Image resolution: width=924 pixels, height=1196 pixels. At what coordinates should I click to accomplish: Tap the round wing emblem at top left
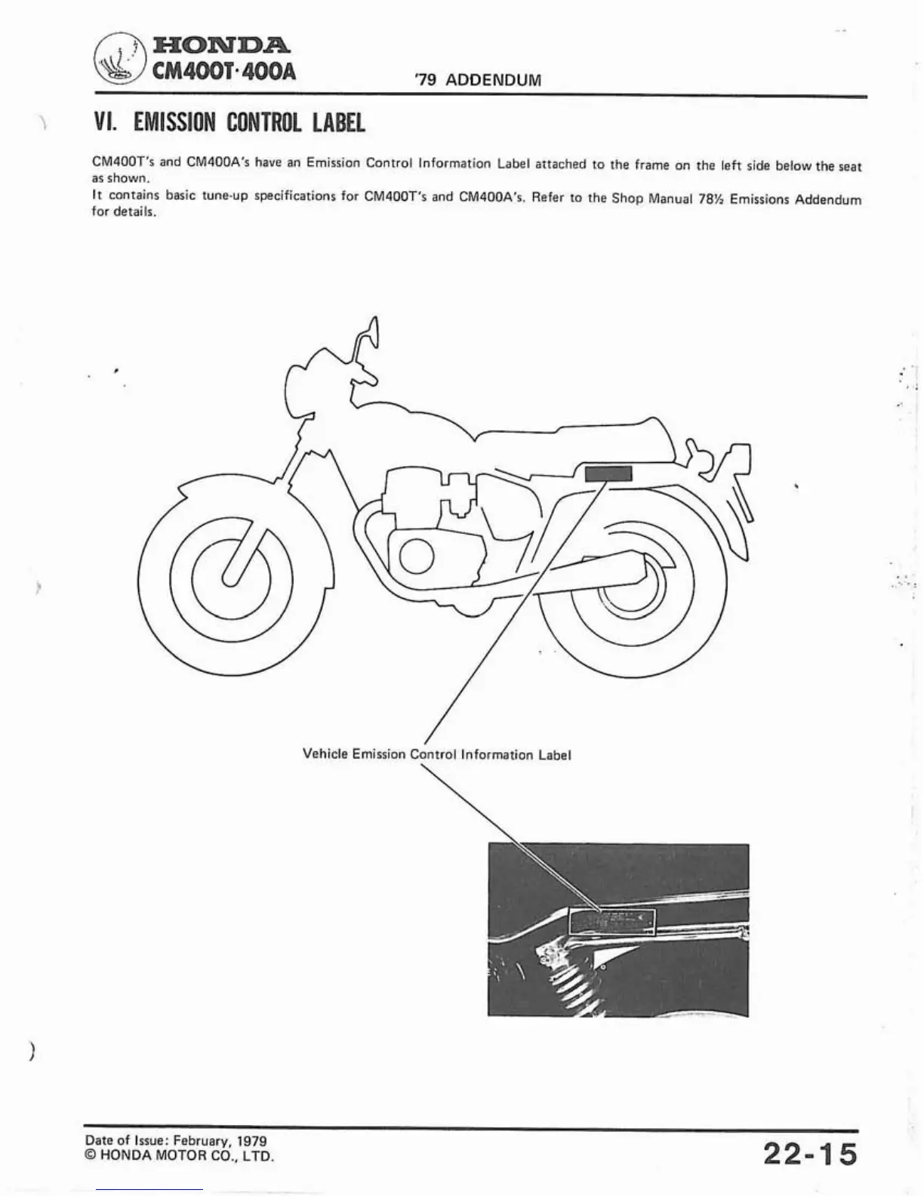click(x=119, y=60)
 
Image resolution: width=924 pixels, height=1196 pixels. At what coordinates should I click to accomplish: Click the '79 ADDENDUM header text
click(x=478, y=80)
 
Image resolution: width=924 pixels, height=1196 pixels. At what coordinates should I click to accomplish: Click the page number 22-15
click(x=810, y=1154)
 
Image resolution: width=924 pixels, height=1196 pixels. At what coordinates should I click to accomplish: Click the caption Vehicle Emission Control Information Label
click(x=436, y=754)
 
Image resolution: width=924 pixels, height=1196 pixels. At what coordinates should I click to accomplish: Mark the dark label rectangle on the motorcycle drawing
click(x=608, y=473)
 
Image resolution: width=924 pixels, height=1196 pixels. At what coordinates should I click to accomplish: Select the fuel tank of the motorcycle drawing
click(x=393, y=423)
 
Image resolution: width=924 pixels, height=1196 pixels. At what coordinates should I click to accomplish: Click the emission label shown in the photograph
click(x=611, y=920)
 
